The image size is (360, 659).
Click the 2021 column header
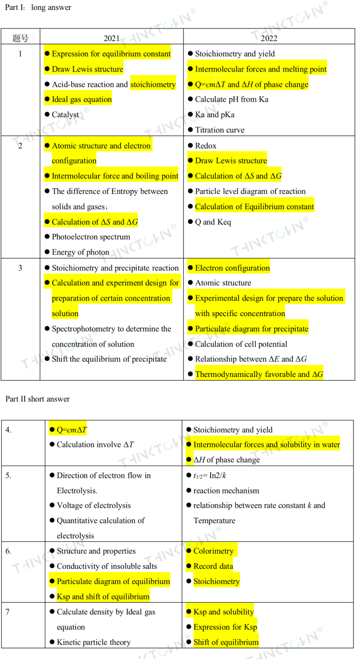[112, 38]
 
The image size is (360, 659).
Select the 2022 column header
[269, 38]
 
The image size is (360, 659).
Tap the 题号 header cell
[20, 38]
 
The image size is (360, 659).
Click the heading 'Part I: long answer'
[38, 7]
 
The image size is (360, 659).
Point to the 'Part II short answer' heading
[38, 399]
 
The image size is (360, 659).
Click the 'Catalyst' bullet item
[65, 115]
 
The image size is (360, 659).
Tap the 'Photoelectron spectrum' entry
[91, 237]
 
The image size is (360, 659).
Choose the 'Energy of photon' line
[80, 252]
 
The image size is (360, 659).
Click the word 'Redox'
[206, 146]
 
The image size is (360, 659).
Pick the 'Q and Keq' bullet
[213, 222]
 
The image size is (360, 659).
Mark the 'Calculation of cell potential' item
[241, 344]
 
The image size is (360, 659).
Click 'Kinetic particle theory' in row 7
[94, 642]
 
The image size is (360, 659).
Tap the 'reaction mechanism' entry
[226, 490]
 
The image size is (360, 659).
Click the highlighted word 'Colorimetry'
[213, 551]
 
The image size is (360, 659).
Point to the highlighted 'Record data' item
[213, 566]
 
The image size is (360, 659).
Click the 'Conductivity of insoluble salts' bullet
[107, 566]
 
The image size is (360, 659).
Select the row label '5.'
[9, 475]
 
